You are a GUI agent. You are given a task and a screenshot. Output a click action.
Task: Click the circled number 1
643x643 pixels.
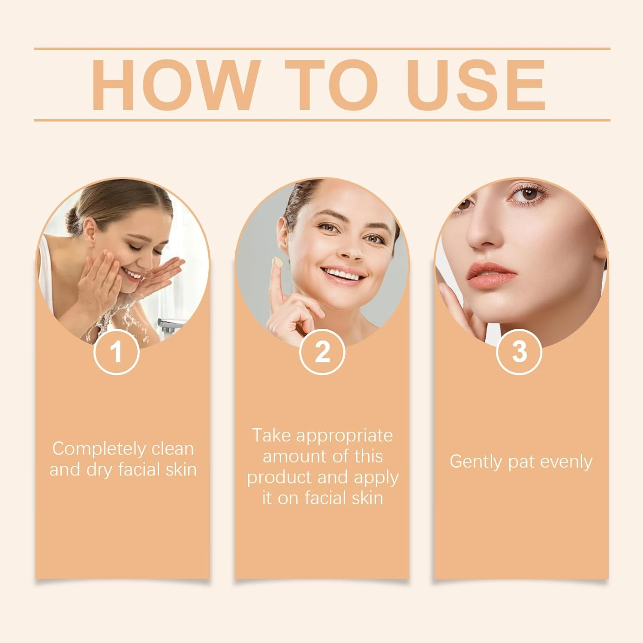tap(116, 352)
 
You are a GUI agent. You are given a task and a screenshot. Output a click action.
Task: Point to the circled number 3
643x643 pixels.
tap(519, 352)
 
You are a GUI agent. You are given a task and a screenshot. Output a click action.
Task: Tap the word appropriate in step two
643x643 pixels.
tap(344, 436)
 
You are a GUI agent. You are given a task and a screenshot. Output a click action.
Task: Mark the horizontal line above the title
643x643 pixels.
tap(322, 49)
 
